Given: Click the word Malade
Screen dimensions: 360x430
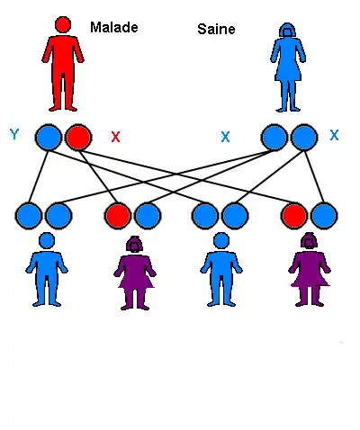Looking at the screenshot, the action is point(114,27).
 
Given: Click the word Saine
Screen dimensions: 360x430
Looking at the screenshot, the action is point(216,29).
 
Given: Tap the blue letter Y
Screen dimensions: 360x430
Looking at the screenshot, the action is point(14,134).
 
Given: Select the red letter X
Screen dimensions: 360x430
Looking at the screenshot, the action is point(115,137).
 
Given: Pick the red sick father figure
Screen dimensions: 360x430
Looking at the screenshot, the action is point(63,64).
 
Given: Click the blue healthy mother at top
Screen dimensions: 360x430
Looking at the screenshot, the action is point(288,67).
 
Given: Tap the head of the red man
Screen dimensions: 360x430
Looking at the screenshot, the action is point(63,24).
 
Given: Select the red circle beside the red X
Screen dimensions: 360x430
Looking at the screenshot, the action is point(78,137).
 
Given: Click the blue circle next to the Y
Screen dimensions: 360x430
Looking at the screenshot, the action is point(49,137).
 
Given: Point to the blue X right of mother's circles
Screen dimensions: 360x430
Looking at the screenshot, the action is point(334,135).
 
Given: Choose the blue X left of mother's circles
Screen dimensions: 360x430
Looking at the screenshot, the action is point(225,137).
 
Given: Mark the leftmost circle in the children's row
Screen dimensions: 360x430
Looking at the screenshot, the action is point(29,216).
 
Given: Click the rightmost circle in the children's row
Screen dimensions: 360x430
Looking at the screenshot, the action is point(324,216).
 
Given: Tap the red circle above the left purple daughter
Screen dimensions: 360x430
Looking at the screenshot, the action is point(118,216).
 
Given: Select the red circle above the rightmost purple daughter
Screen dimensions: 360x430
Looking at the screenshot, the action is point(294,216).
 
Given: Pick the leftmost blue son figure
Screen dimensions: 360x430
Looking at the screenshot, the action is point(47,269).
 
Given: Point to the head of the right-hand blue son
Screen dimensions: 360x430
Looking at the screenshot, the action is point(221,241).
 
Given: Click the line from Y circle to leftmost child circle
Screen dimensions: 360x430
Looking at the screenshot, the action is point(39,176).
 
